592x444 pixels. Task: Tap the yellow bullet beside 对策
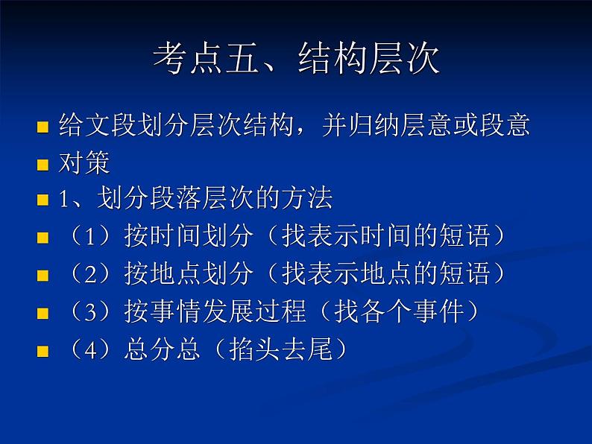42,165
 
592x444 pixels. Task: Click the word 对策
84,163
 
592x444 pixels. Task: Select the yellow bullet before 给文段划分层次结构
42,128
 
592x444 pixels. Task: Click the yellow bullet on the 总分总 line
42,351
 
